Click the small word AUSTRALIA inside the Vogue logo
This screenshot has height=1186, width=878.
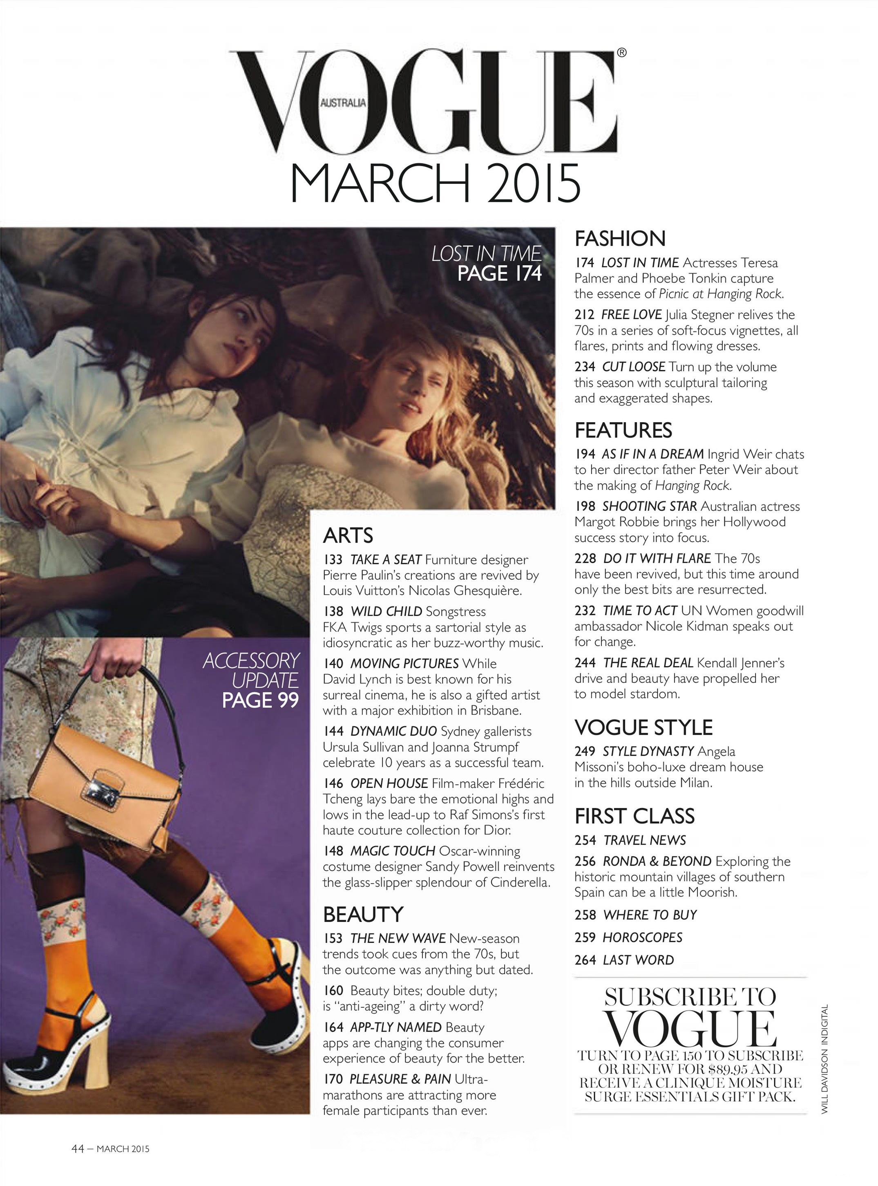tap(343, 103)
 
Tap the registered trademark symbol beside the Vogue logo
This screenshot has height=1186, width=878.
tap(621, 53)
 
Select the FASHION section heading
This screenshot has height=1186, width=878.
tap(620, 239)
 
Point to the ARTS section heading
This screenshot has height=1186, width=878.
tap(348, 535)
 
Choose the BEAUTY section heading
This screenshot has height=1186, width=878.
tap(363, 914)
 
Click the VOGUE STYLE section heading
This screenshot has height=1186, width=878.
tap(643, 727)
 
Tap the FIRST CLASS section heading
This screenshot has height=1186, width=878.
tap(634, 816)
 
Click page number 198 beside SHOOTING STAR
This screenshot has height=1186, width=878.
tap(585, 507)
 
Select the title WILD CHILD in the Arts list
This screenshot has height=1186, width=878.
tap(386, 611)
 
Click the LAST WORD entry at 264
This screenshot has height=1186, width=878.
tap(638, 960)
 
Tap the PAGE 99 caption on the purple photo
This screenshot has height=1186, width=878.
tap(260, 700)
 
